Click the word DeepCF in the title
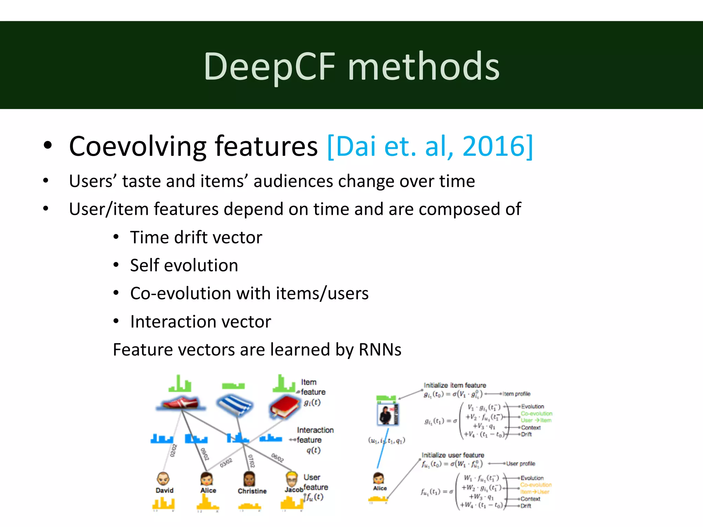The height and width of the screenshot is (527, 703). (x=269, y=67)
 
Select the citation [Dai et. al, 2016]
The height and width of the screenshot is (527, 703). (x=430, y=147)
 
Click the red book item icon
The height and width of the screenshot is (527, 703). (x=285, y=407)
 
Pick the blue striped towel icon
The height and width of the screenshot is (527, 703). (x=235, y=405)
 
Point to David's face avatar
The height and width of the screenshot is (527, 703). (x=163, y=478)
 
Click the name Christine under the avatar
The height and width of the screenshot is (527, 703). (x=252, y=491)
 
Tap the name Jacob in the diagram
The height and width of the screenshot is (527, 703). (x=294, y=490)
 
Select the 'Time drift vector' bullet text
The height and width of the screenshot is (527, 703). (x=196, y=237)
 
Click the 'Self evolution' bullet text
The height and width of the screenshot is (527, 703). (x=184, y=266)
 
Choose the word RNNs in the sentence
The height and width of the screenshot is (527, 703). (x=380, y=350)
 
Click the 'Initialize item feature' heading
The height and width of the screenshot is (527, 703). (x=454, y=385)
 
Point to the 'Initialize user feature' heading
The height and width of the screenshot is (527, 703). (x=453, y=455)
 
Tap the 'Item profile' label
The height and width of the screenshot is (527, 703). (x=516, y=394)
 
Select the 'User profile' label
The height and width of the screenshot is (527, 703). (x=520, y=464)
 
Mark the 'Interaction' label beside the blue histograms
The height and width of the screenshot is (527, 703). (x=315, y=430)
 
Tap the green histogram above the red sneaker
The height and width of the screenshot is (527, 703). (x=180, y=384)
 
